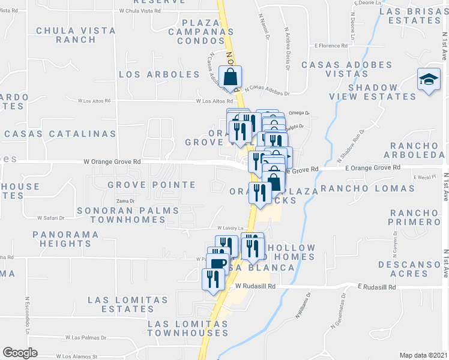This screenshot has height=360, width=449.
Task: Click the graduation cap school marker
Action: pos(429,80)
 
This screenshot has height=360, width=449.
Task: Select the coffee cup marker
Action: pos(219,262)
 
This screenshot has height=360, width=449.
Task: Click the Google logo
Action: pos(20,353)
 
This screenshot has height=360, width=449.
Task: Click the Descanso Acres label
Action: pos(408,269)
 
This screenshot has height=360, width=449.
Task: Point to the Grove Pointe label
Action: pos(151,185)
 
